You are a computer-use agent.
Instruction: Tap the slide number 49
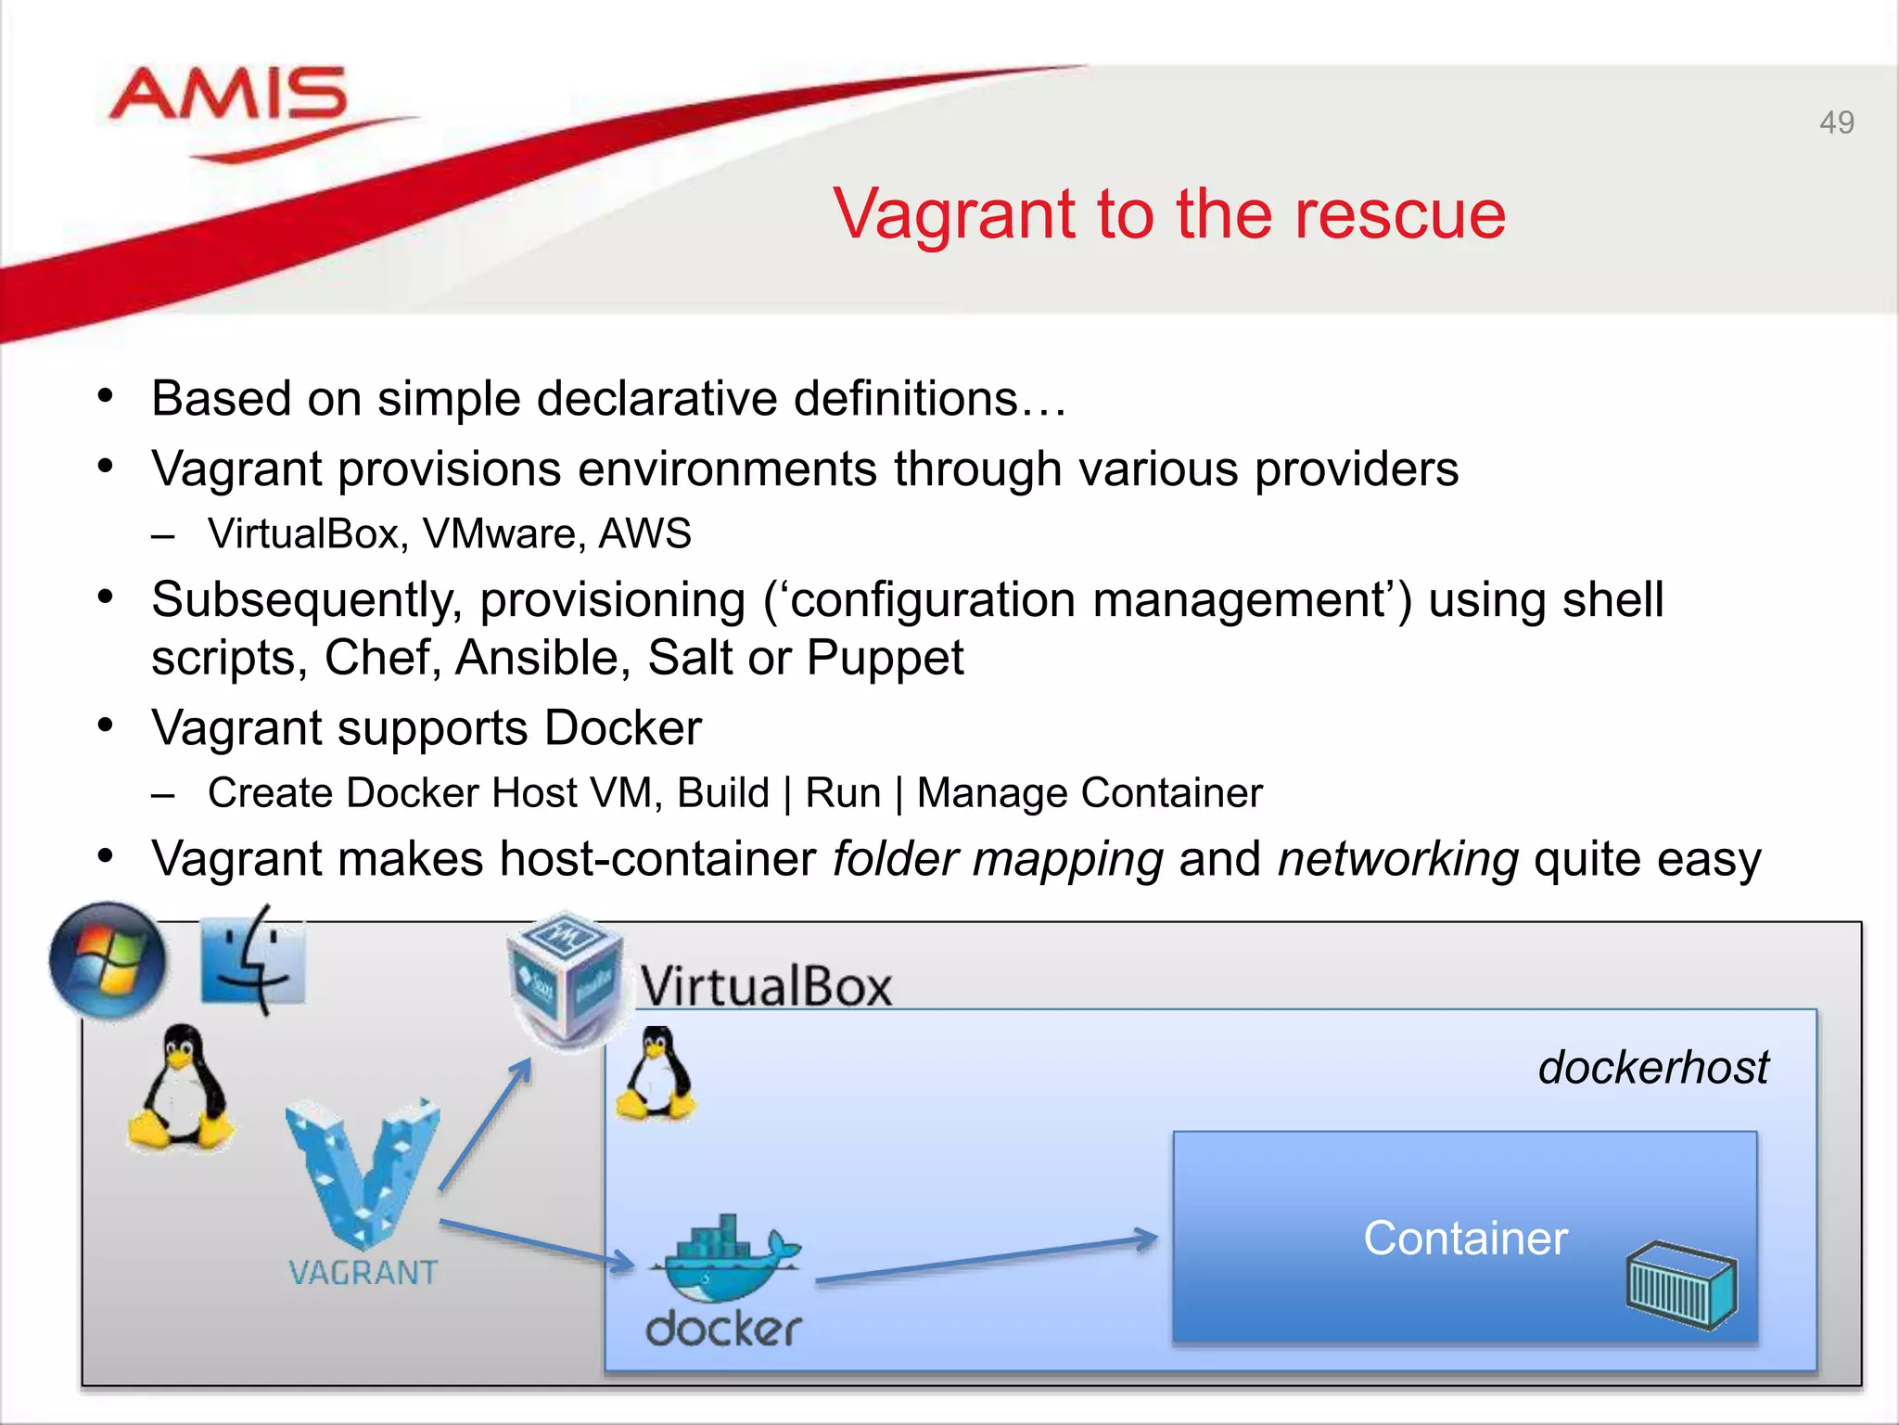point(1836,122)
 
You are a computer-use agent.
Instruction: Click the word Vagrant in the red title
point(955,215)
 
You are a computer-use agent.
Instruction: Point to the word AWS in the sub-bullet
point(645,534)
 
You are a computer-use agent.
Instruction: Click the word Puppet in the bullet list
point(885,659)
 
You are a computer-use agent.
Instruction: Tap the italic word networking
point(1398,859)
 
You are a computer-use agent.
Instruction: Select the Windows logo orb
point(108,960)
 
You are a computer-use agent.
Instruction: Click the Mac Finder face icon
point(253,960)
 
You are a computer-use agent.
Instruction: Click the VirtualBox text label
point(766,985)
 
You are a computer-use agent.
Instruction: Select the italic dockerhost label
point(1652,1068)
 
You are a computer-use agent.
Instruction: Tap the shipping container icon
point(1680,1284)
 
